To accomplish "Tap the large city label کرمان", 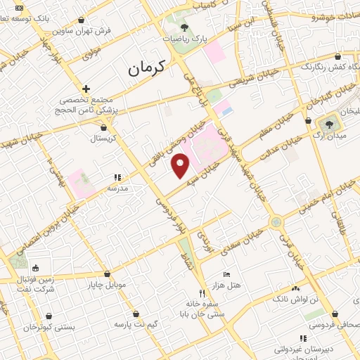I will click(x=146, y=69).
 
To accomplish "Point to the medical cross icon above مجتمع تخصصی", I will click(x=86, y=89).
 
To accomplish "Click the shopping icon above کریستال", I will click(x=104, y=127).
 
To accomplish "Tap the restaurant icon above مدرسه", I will click(x=117, y=178).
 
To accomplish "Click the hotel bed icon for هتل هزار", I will click(x=226, y=274).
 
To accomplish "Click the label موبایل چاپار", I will click(x=106, y=285).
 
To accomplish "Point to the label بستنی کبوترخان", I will click(x=41, y=327).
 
